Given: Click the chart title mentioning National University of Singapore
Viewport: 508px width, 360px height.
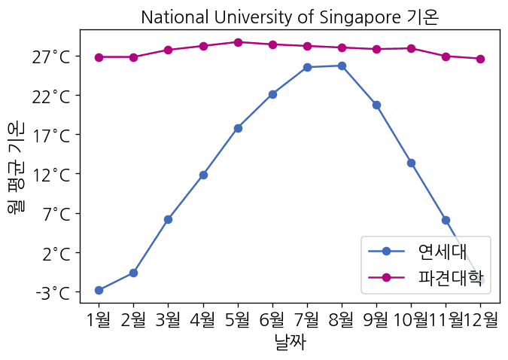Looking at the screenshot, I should click(x=290, y=17).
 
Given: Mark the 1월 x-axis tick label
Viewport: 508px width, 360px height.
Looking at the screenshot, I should click(x=99, y=319).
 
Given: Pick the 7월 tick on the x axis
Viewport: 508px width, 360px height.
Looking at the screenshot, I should click(x=307, y=319).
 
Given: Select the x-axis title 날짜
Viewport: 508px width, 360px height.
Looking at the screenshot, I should click(x=290, y=343).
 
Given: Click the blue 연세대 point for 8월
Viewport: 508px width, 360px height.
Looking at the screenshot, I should click(x=342, y=66).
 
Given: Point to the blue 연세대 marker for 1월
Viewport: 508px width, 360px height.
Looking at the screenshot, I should click(x=99, y=290).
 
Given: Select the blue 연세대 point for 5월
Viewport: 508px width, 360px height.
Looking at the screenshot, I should click(x=238, y=128).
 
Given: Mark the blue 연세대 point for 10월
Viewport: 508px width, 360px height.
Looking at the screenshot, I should click(x=411, y=163).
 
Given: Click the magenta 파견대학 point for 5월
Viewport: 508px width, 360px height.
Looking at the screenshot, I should click(x=238, y=42).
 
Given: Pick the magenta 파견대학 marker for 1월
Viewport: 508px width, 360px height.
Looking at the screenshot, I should click(x=99, y=57).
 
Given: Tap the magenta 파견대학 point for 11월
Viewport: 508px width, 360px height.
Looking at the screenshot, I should click(x=446, y=56).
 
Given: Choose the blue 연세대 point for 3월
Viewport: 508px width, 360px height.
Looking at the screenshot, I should click(x=168, y=219).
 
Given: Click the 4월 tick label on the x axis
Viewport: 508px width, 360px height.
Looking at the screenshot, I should click(x=203, y=319).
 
